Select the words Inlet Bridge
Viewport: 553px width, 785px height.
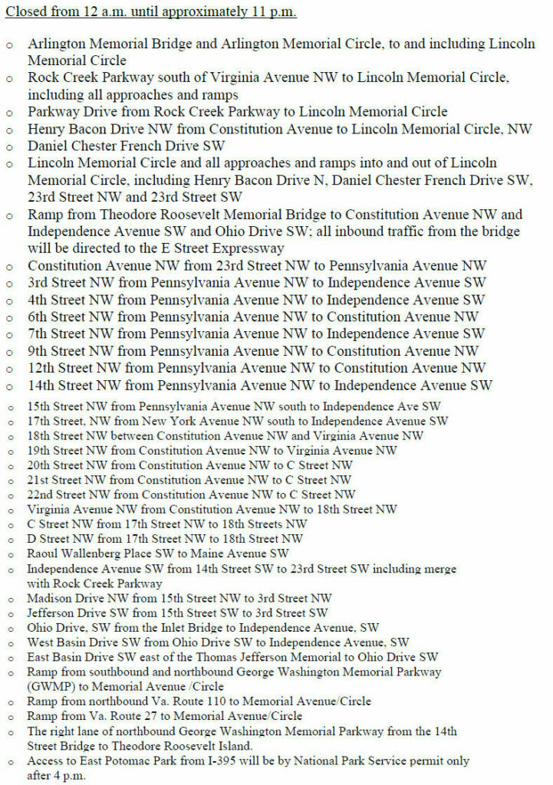pyautogui.click(x=176, y=627)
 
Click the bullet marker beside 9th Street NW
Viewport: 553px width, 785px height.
pyautogui.click(x=10, y=352)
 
